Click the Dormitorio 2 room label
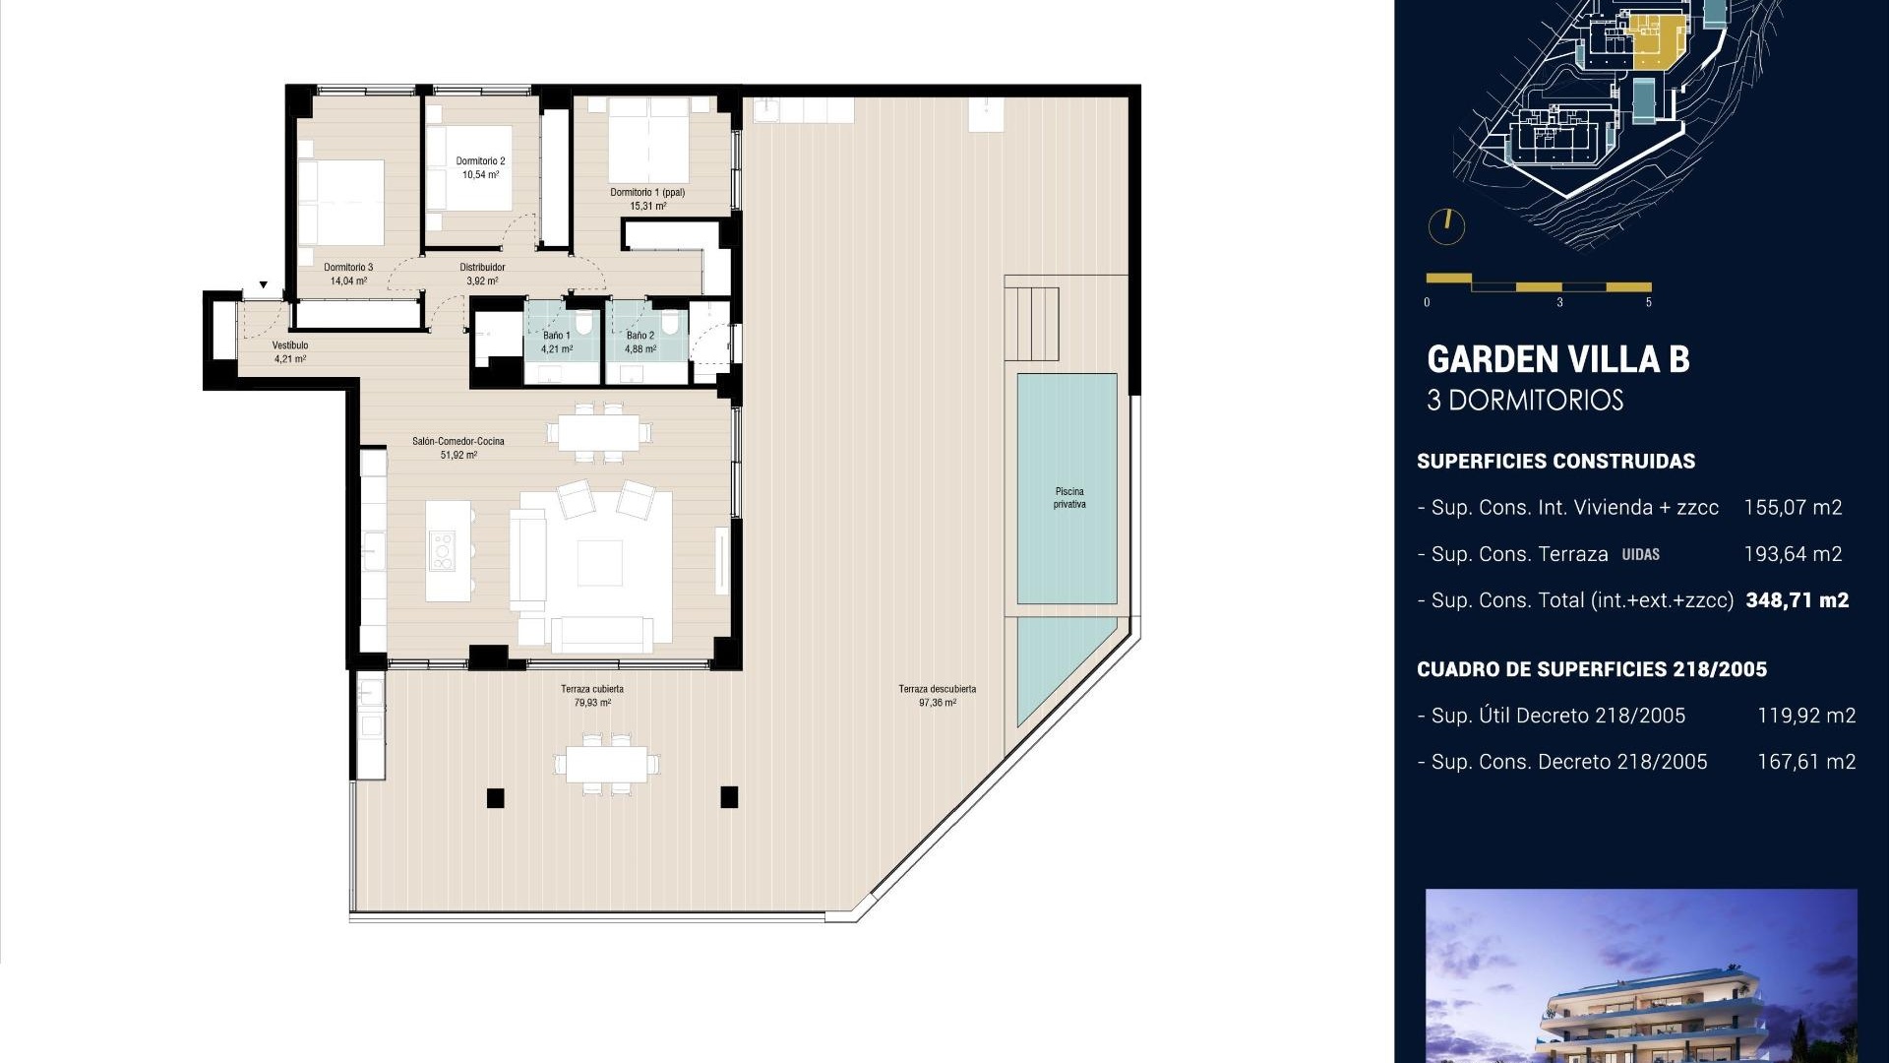480,161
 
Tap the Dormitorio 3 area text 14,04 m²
348,281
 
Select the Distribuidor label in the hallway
482,268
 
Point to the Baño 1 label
556,336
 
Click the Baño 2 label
640,336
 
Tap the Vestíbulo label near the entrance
290,345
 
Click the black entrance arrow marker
264,285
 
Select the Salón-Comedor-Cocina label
458,441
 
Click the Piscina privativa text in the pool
1069,498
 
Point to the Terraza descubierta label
937,689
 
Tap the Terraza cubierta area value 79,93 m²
592,703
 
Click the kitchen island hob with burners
443,551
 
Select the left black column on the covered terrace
496,798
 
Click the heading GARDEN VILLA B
1557,360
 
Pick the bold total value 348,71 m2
1797,600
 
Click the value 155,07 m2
1793,508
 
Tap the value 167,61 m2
1806,762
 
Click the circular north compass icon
1446,226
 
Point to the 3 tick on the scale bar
1559,302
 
